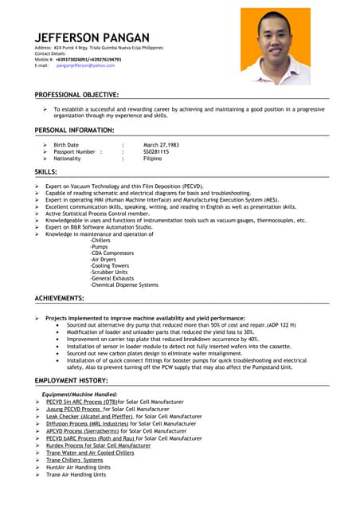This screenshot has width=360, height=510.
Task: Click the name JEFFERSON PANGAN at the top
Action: pos(92,37)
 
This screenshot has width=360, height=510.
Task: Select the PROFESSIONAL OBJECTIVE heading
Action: pos(76,95)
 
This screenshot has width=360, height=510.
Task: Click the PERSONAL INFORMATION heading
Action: pos(74,129)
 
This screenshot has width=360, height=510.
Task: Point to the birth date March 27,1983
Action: pos(161,145)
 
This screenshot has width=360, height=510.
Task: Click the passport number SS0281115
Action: pos(156,151)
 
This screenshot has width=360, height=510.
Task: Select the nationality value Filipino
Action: pos(152,159)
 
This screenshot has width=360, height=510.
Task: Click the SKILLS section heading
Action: pos(45,172)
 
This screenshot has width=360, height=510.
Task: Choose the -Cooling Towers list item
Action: pos(110,265)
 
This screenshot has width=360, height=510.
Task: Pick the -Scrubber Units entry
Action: pos(109,272)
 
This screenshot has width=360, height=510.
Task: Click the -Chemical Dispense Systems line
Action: pos(124,284)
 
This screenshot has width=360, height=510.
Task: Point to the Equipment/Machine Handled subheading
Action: pos(80,394)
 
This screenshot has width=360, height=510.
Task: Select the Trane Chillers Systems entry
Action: pos(74,460)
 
